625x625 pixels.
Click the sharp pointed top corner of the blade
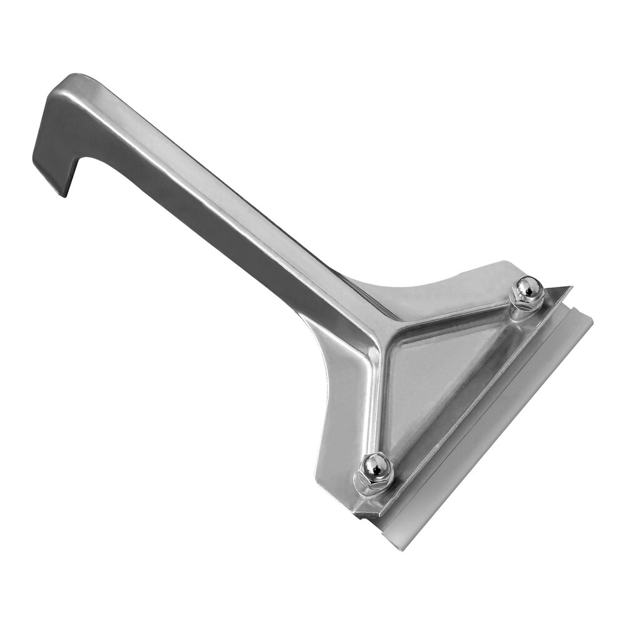(x=570, y=287)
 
